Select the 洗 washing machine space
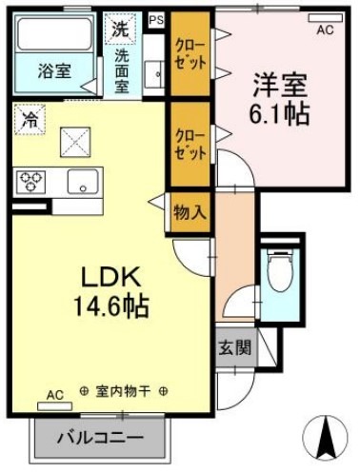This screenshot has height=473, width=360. (120, 29)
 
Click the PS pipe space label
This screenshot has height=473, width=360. (156, 18)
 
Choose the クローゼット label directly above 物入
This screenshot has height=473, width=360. (189, 143)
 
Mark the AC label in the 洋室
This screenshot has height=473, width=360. (325, 30)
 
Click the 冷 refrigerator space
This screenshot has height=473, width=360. (30, 120)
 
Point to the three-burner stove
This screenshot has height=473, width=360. (31, 179)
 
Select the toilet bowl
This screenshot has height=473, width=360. (279, 272)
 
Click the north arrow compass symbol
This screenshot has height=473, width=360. (327, 441)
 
